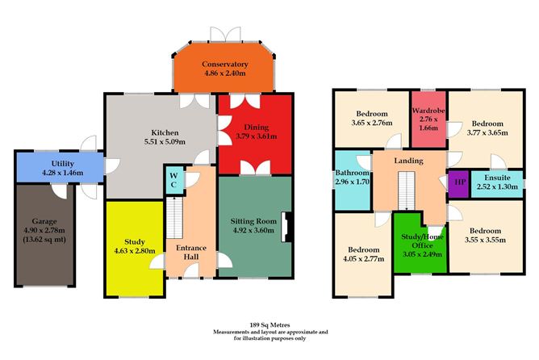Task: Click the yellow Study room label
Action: tap(135, 241)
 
